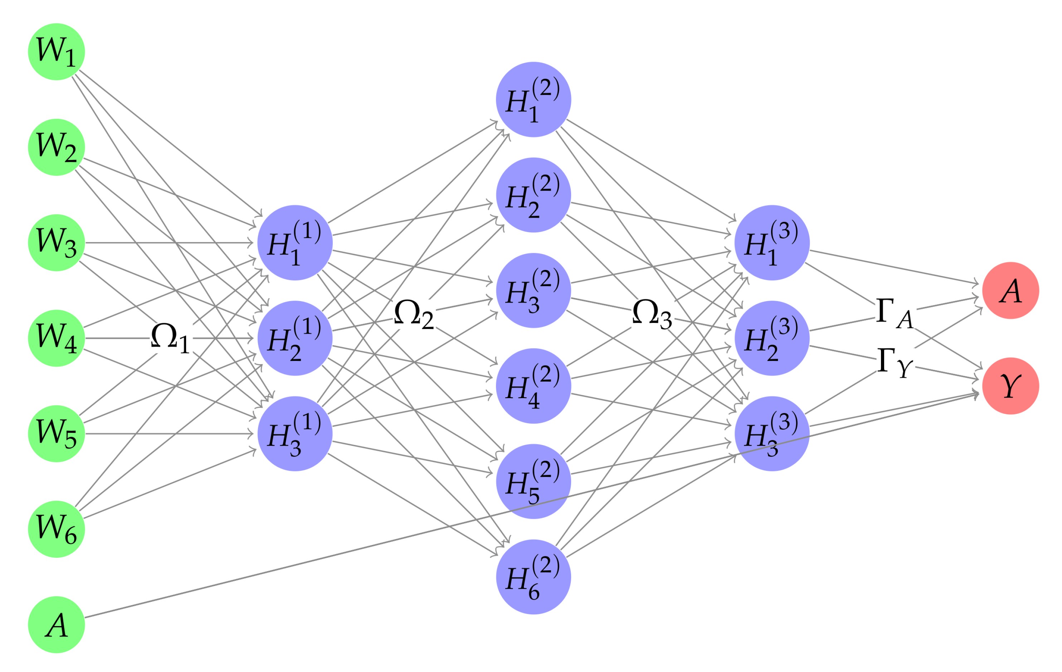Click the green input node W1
pyautogui.click(x=57, y=52)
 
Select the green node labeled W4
pyautogui.click(x=57, y=338)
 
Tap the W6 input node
pyautogui.click(x=57, y=529)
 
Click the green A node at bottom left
pyautogui.click(x=57, y=624)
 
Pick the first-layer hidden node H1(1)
pyautogui.click(x=294, y=243)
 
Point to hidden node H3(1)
pyautogui.click(x=294, y=434)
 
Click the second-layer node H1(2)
pyautogui.click(x=533, y=99)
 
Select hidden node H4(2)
pyautogui.click(x=533, y=386)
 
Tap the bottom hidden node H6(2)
pyautogui.click(x=533, y=577)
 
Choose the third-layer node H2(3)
pyautogui.click(x=772, y=338)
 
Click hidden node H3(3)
pyautogui.click(x=772, y=434)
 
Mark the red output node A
pyautogui.click(x=1010, y=290)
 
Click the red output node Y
pyautogui.click(x=1010, y=386)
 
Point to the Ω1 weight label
pyautogui.click(x=170, y=338)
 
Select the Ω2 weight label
pyautogui.click(x=413, y=314)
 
